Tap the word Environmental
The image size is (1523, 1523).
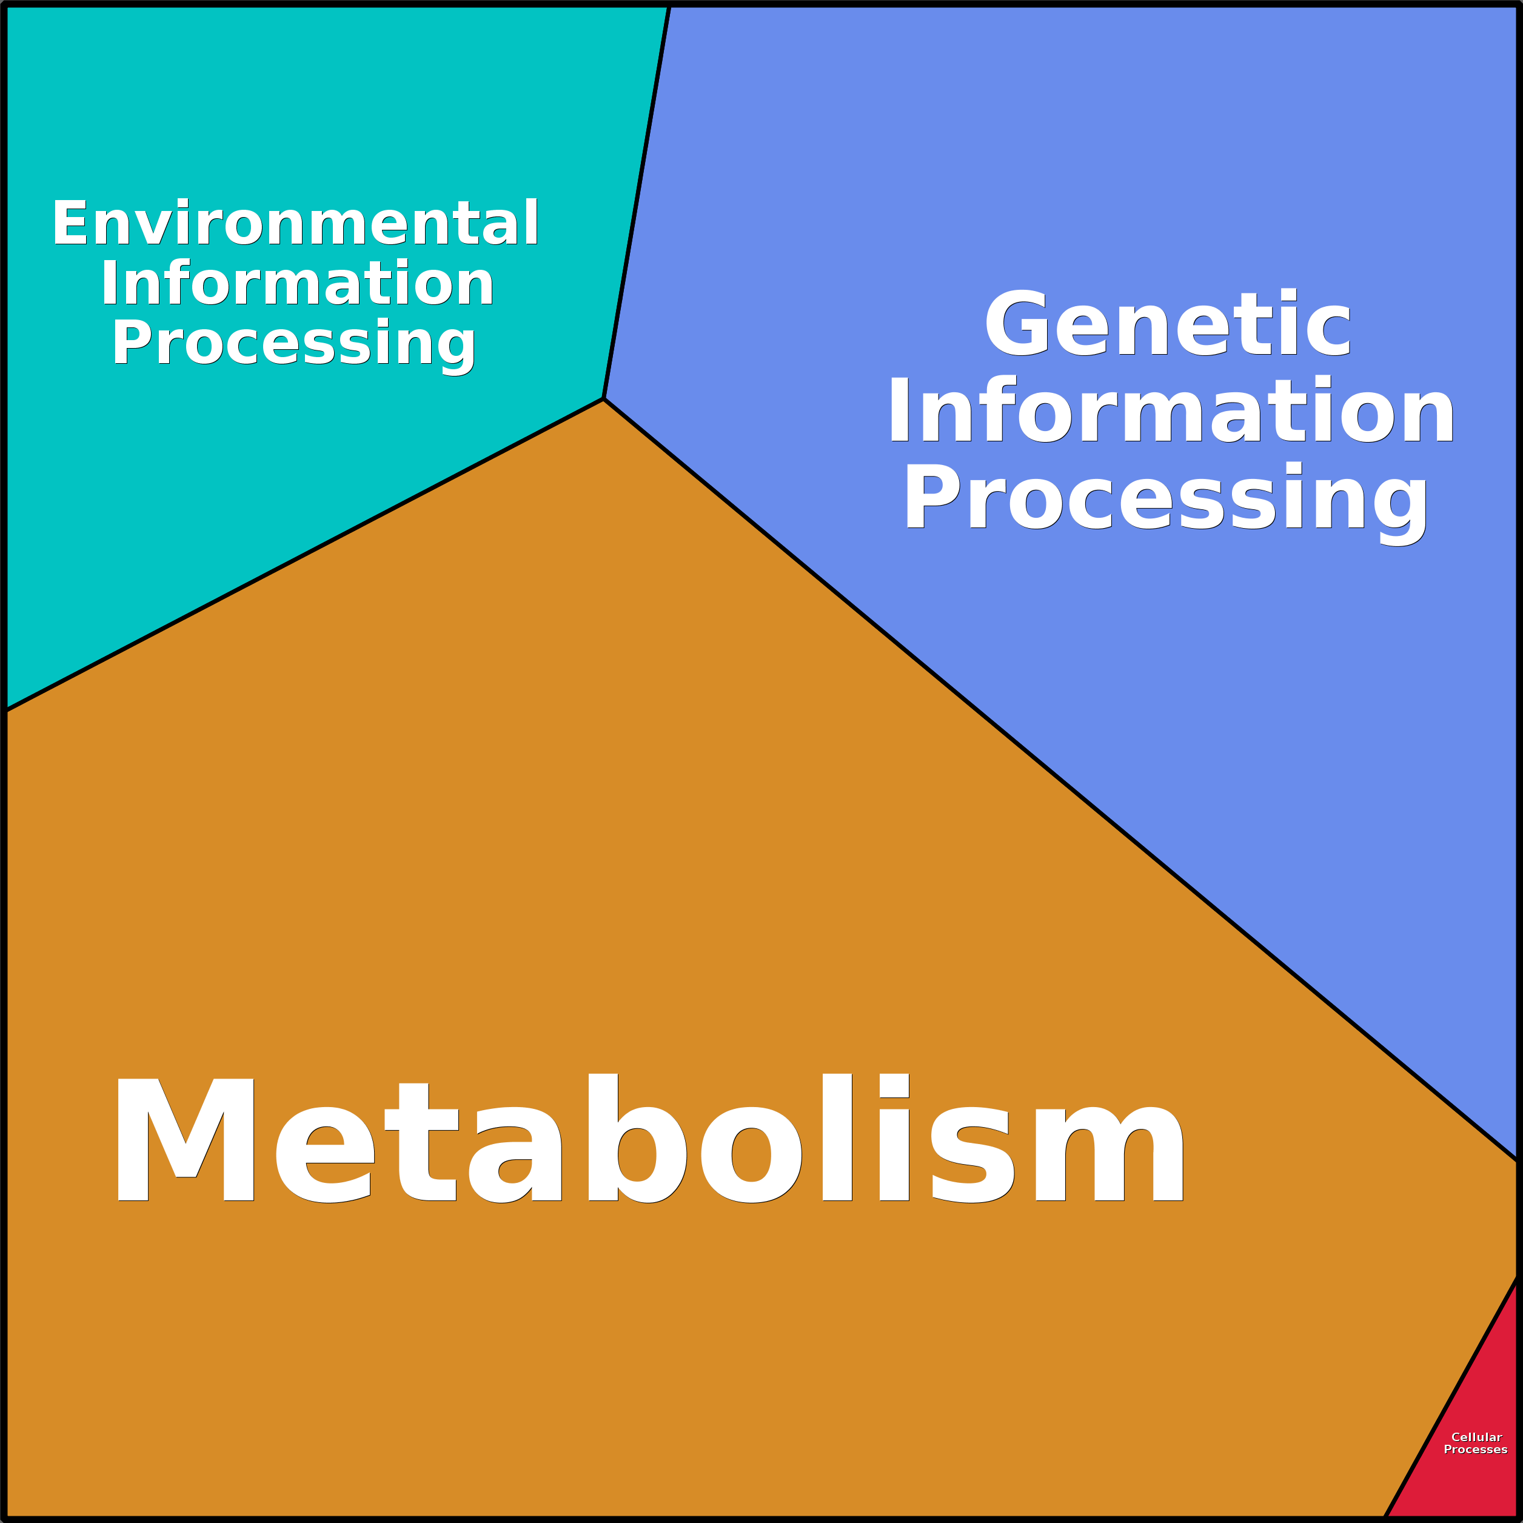click(296, 224)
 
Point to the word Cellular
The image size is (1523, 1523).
click(1476, 1436)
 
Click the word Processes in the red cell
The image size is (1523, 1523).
click(1475, 1449)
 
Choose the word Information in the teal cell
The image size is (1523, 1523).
click(297, 283)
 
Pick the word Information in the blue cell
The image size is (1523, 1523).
click(1171, 410)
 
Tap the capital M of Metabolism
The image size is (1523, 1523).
click(186, 1139)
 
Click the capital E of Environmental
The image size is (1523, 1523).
click(69, 224)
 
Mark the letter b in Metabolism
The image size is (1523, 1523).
click(635, 1139)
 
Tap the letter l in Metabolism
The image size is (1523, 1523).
click(837, 1139)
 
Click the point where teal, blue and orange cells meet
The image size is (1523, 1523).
click(603, 399)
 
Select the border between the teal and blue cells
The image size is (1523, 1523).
click(636, 203)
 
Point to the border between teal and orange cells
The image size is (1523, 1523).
click(304, 554)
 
